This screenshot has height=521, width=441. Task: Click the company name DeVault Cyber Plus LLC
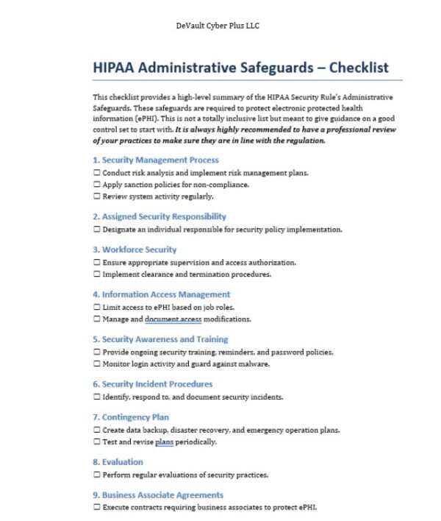click(x=218, y=26)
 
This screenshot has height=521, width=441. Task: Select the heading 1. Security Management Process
click(x=155, y=160)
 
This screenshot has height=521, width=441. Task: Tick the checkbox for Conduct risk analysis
click(x=96, y=173)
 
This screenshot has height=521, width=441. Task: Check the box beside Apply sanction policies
click(x=96, y=185)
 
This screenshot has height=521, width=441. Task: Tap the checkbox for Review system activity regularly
click(x=96, y=196)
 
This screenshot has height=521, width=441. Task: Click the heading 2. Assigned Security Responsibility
click(x=159, y=216)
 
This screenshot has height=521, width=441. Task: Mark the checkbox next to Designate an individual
click(x=96, y=230)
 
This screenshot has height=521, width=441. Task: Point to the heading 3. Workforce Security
click(x=135, y=249)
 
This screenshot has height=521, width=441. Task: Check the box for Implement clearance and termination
click(x=96, y=274)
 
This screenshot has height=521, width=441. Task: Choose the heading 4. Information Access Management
click(x=161, y=294)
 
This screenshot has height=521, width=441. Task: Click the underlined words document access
click(x=173, y=319)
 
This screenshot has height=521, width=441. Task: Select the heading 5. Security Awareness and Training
click(x=160, y=339)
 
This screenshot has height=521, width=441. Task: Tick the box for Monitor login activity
click(x=96, y=364)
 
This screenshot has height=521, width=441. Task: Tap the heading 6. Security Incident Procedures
click(x=152, y=384)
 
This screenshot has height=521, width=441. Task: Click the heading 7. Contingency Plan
click(x=131, y=417)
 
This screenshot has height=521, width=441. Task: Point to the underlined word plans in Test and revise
click(x=163, y=442)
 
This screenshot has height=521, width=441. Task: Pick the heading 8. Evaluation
click(x=118, y=462)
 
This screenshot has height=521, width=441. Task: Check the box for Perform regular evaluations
click(x=96, y=475)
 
